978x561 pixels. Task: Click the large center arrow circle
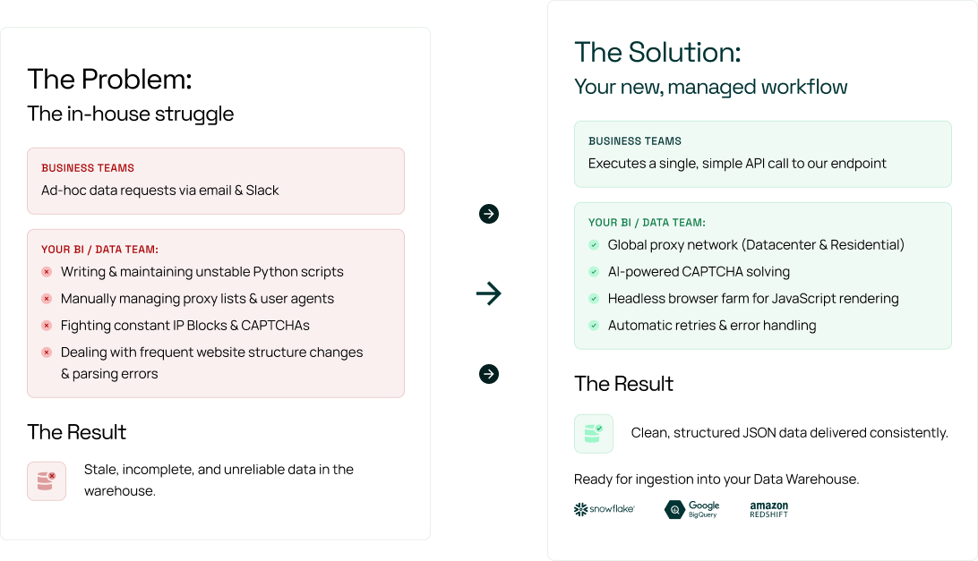click(x=489, y=293)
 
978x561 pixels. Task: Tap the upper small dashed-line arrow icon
click(x=489, y=214)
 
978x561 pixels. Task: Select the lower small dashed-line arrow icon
click(x=489, y=373)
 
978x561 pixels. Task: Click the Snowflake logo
click(x=605, y=509)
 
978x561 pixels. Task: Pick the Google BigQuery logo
click(x=692, y=509)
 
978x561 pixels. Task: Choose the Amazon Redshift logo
click(x=768, y=509)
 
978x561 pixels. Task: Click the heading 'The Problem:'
click(x=109, y=80)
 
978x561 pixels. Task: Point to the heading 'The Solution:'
click(x=657, y=52)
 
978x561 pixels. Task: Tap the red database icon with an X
click(x=46, y=481)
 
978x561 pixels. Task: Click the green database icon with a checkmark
click(x=593, y=433)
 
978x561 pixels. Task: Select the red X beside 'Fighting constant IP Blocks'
click(x=47, y=326)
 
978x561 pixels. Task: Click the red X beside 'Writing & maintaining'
click(x=47, y=272)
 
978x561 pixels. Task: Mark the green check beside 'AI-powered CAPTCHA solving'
click(x=593, y=272)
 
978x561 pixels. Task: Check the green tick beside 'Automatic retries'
click(x=593, y=326)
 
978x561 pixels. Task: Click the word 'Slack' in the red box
click(x=262, y=190)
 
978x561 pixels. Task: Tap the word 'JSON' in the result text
click(x=758, y=433)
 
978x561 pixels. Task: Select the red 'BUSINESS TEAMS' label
click(x=88, y=168)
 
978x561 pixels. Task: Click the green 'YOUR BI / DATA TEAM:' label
click(x=647, y=223)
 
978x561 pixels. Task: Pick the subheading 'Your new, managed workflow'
click(x=710, y=87)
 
